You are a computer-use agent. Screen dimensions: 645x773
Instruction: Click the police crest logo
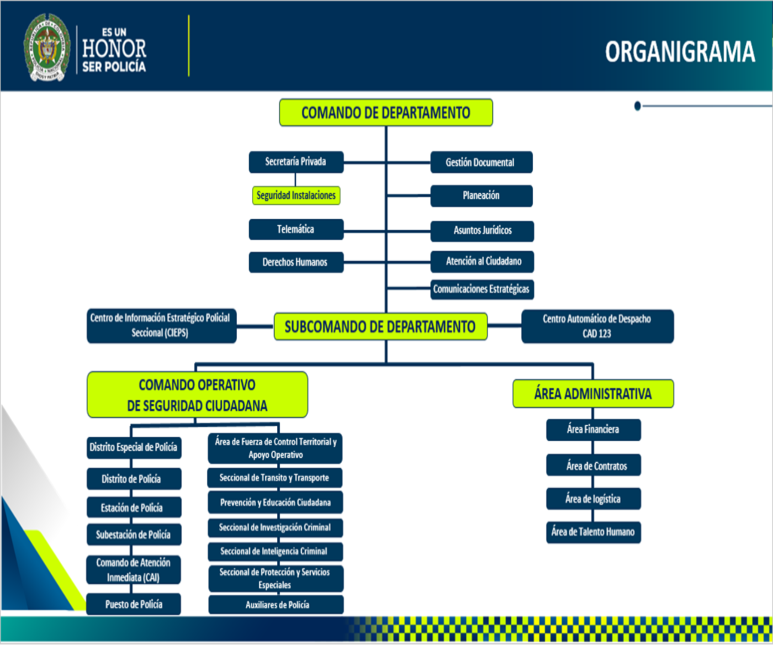[47, 48]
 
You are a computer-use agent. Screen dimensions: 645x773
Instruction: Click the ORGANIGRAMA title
[680, 52]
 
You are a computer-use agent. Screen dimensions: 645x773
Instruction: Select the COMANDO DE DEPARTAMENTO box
[386, 113]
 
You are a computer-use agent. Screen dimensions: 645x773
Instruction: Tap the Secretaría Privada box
[296, 162]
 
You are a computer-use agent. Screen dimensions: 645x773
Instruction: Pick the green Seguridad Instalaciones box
[296, 195]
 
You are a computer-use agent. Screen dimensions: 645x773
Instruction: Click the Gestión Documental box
[481, 162]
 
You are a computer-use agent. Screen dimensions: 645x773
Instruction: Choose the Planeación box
[481, 195]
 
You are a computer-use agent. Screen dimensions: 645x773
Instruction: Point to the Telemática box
[296, 229]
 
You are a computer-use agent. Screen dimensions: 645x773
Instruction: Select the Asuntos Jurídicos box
[482, 231]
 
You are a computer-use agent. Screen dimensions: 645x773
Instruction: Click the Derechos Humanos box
[295, 262]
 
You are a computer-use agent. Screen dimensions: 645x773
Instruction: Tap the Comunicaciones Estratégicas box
[481, 289]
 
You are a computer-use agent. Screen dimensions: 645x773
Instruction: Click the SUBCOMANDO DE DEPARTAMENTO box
[380, 327]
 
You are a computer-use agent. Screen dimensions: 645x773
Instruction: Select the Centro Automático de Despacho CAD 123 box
[597, 326]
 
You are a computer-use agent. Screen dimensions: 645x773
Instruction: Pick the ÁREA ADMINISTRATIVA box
[593, 394]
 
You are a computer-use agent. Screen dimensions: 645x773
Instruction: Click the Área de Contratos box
[594, 466]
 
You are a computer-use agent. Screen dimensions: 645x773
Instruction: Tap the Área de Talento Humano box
[594, 532]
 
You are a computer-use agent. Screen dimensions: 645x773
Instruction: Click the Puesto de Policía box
[134, 604]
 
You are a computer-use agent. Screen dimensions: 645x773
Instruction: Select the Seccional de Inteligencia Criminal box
[275, 551]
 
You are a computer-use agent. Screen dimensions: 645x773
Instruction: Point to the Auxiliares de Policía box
[276, 605]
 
